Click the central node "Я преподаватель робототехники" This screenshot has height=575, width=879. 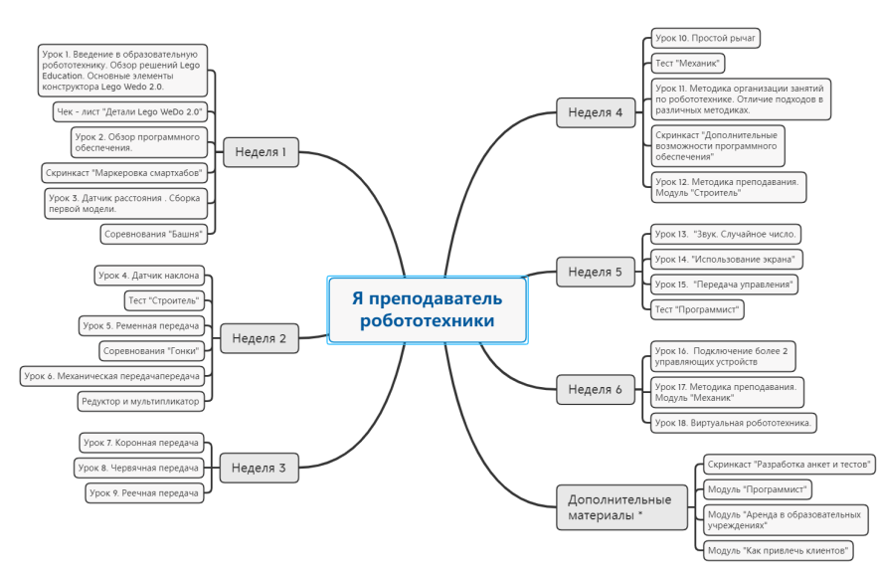tap(428, 309)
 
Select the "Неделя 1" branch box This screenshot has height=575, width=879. tap(261, 152)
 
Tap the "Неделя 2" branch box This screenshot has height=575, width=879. tap(259, 338)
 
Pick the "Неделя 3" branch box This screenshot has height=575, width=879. tap(259, 468)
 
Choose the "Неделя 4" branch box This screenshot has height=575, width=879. tap(596, 112)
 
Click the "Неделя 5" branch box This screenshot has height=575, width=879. tap(596, 272)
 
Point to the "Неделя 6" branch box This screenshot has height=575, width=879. tap(596, 389)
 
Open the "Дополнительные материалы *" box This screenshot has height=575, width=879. tap(621, 507)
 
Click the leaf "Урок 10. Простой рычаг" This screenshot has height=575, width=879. tap(706, 38)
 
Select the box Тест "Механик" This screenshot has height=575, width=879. tap(688, 64)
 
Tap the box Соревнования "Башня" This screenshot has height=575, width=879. tap(153, 234)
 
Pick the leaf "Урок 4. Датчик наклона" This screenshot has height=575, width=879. tap(149, 276)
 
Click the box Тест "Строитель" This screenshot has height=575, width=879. tap(164, 300)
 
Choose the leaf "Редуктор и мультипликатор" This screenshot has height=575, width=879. tap(141, 401)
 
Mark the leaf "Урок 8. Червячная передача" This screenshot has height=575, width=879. tap(138, 468)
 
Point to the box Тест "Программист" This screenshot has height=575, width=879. tap(697, 309)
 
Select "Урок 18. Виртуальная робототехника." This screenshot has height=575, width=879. tap(733, 423)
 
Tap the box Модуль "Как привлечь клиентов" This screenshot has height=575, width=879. tap(779, 551)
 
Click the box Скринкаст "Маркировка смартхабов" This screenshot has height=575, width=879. tap(124, 173)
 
